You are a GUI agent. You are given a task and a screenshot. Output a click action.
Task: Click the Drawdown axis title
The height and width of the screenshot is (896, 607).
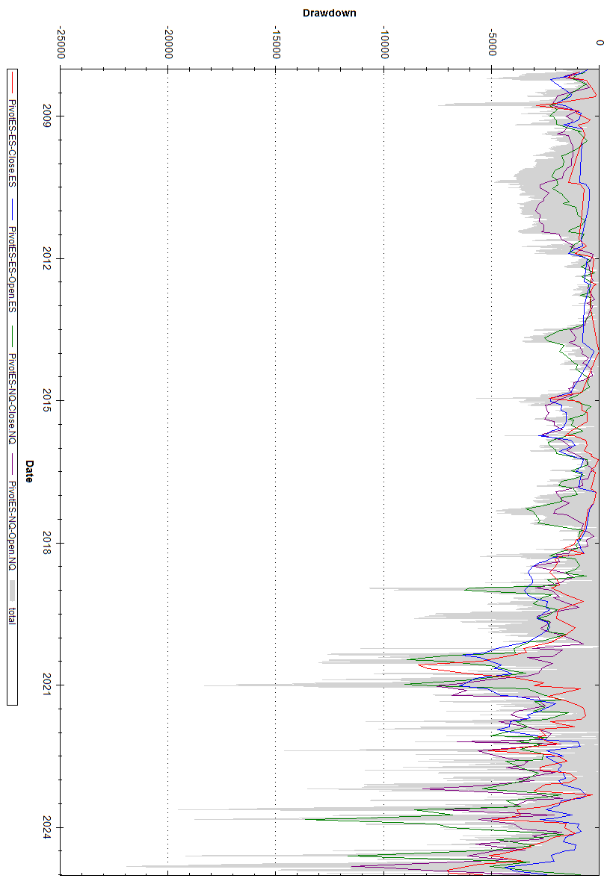coord(329,13)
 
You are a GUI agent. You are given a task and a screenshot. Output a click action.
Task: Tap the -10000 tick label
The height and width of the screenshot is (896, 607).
coord(383,38)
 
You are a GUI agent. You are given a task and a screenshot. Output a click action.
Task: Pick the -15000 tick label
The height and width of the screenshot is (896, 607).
coord(276,38)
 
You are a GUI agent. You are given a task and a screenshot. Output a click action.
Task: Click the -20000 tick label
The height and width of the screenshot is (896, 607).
coord(168,38)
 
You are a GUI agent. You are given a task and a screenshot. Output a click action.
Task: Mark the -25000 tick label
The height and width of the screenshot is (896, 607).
coord(61,38)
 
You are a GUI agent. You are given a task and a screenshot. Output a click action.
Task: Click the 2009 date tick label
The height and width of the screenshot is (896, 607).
coord(47,116)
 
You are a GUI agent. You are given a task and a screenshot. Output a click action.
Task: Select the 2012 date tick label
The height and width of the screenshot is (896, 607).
coord(47,258)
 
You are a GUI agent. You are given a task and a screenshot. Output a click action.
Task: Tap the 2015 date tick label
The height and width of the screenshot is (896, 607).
coord(47,400)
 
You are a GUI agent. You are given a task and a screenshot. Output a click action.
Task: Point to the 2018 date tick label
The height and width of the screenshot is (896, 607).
coord(47,543)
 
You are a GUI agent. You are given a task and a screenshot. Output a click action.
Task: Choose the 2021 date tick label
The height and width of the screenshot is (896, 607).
coord(47,685)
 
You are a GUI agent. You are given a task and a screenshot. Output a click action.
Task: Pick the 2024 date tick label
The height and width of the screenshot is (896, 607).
coord(47,827)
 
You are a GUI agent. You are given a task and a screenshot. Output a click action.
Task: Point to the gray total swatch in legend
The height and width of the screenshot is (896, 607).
coord(12,591)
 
